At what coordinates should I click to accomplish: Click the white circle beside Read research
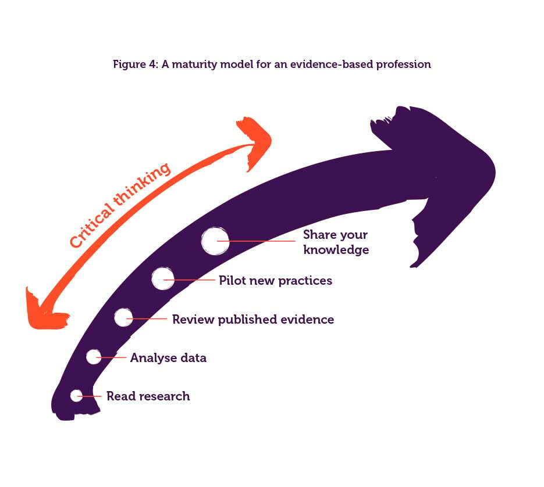[x=76, y=395]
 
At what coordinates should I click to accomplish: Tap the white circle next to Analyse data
[x=94, y=357]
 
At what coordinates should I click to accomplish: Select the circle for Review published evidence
[x=123, y=317]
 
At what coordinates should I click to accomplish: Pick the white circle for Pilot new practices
[x=162, y=279]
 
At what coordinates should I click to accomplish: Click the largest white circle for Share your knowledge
[x=215, y=241]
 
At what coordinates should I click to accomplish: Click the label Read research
[x=148, y=396]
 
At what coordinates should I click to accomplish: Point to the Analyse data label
[x=168, y=358]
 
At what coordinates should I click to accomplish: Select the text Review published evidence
[x=253, y=319]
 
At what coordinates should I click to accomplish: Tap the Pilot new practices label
[x=275, y=281]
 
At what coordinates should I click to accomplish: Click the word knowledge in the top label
[x=336, y=250]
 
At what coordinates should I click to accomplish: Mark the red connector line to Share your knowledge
[x=262, y=241]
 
